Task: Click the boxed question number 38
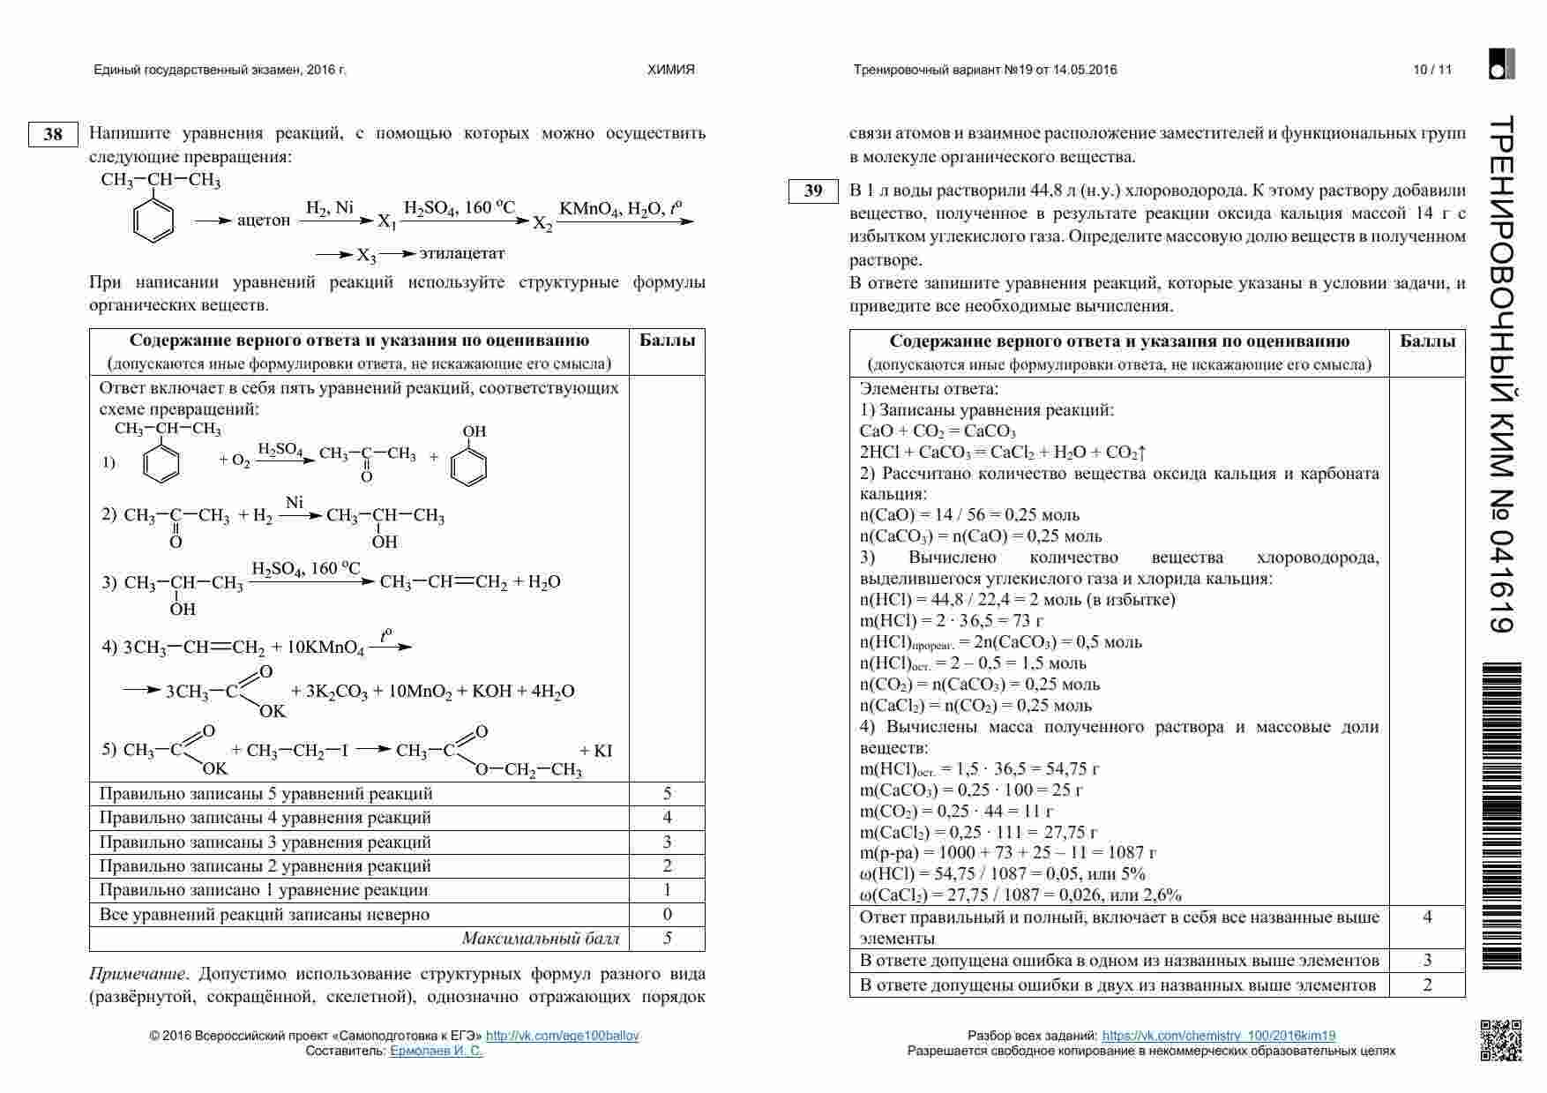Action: (53, 134)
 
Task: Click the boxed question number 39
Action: (813, 191)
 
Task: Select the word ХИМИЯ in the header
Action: (671, 70)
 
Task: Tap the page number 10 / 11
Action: (1431, 70)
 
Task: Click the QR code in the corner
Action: (1500, 1040)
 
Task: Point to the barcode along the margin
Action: (1503, 816)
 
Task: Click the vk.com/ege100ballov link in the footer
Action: (562, 1036)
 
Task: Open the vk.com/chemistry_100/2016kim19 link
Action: (1218, 1036)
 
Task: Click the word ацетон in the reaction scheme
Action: (263, 221)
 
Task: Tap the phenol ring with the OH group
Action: (468, 464)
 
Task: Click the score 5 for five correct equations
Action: (667, 794)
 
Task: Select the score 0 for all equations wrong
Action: (667, 915)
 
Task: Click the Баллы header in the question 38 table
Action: (666, 341)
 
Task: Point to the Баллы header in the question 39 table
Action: (1427, 341)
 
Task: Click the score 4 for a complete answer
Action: (1427, 917)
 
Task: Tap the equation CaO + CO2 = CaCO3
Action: (937, 431)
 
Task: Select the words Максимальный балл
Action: (541, 939)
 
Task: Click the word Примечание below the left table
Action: (137, 975)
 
